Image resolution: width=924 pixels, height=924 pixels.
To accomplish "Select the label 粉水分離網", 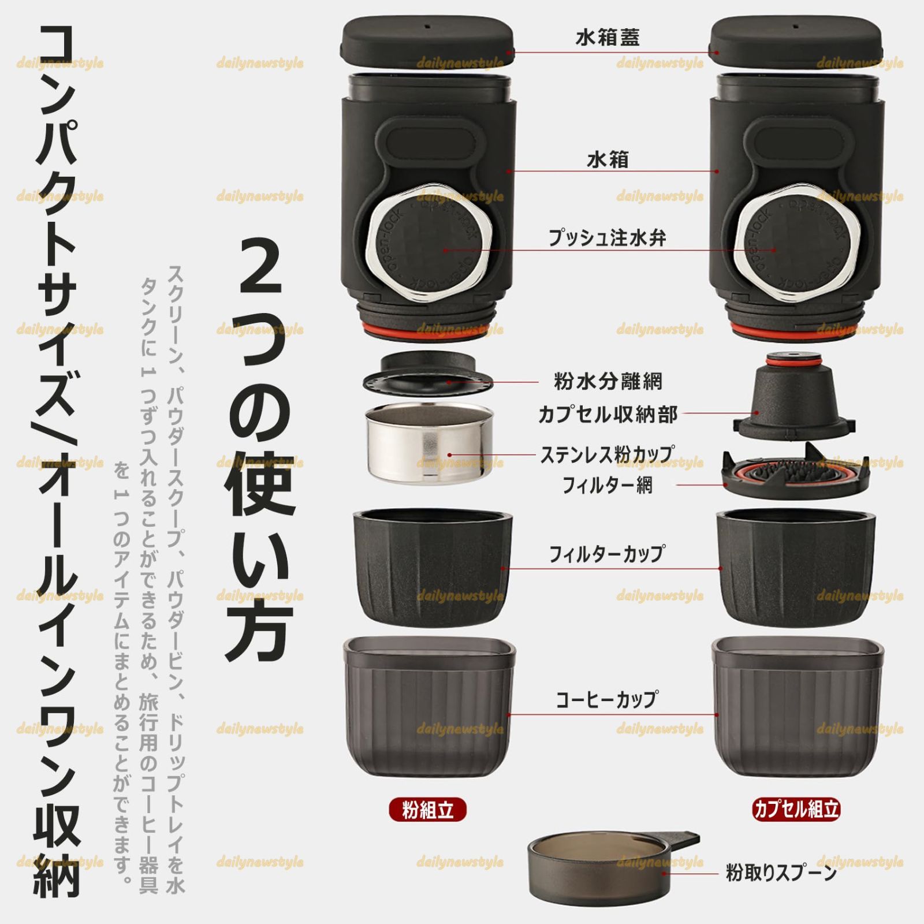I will click(x=608, y=381).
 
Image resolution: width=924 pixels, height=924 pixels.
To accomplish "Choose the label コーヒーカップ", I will click(x=607, y=699).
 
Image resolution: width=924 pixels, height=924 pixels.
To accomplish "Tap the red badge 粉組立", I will click(x=427, y=810).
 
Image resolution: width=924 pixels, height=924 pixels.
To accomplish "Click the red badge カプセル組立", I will click(x=796, y=809).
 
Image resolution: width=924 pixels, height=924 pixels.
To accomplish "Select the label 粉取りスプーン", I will click(x=781, y=873).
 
